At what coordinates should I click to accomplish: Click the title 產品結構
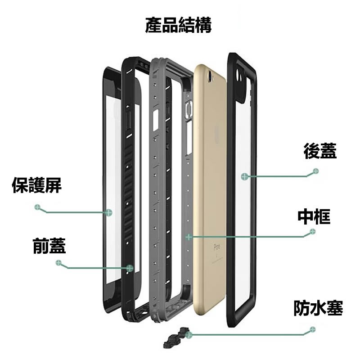tap(178, 26)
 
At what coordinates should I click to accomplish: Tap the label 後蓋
tap(320, 151)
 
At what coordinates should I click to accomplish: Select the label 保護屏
tap(37, 185)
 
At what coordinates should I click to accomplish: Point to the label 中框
tap(314, 216)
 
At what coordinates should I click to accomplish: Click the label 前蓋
tap(49, 246)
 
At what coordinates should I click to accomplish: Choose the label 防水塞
tap(318, 308)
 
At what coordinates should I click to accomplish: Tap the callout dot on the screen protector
tap(109, 212)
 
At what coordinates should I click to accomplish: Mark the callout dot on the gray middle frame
tap(189, 236)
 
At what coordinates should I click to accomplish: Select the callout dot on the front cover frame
tap(130, 267)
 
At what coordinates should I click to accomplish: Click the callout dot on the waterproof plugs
tap(188, 334)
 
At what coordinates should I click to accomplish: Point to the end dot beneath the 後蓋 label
tap(316, 171)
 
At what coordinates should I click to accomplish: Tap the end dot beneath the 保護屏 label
tap(37, 207)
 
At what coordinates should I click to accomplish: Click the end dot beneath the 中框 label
tap(313, 231)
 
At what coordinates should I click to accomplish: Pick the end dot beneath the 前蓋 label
tap(58, 263)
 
